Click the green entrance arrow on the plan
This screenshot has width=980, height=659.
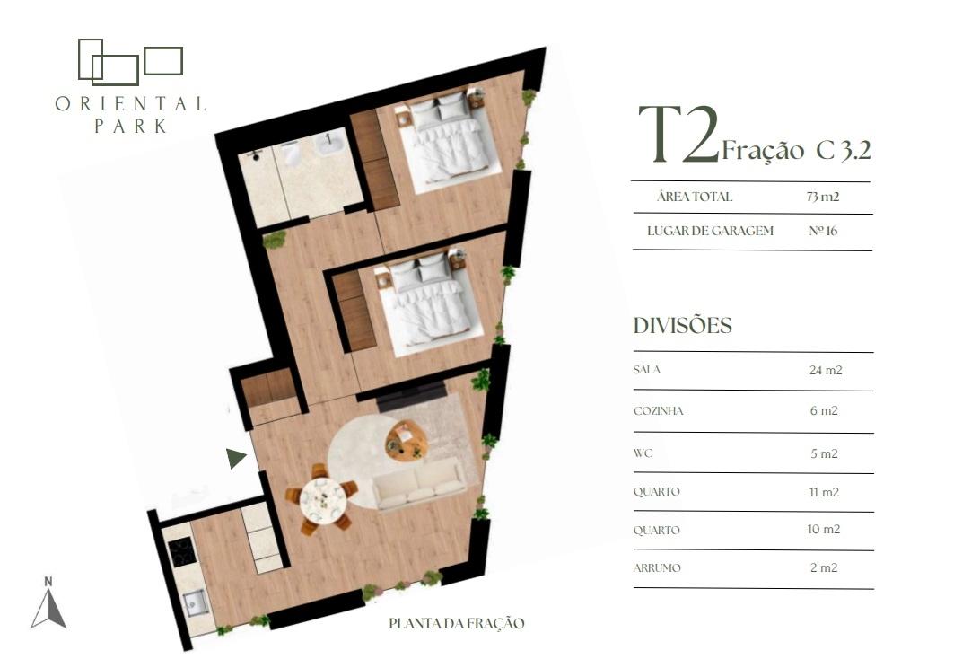(235, 458)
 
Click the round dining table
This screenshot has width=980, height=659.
(322, 500)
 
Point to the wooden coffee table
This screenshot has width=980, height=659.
(407, 441)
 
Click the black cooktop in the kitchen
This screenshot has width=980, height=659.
(182, 553)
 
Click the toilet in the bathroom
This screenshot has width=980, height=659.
(292, 152)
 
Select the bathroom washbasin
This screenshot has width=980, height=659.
(328, 144)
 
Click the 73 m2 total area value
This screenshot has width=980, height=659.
(822, 197)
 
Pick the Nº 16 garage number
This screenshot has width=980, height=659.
(822, 231)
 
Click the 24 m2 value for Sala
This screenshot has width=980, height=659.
(826, 370)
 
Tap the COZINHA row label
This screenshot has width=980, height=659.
(658, 411)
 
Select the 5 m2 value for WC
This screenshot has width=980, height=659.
(824, 454)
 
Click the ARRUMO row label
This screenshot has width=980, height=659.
(657, 567)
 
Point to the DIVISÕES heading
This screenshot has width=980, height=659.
(682, 326)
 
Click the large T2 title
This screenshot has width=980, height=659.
(679, 134)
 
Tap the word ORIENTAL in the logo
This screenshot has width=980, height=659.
(130, 104)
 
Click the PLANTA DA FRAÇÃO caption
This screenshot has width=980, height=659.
(456, 623)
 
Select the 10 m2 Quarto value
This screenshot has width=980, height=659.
(824, 529)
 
